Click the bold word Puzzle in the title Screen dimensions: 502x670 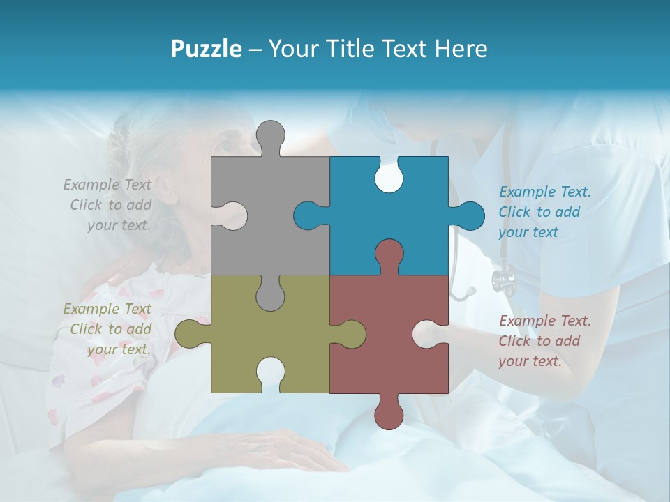[x=206, y=49]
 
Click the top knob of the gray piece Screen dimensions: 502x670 [x=270, y=137]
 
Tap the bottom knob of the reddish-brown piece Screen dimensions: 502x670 [x=389, y=413]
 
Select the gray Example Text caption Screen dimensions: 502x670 [x=109, y=205]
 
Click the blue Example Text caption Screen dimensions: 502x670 [x=544, y=212]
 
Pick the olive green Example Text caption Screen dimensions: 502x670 [x=109, y=329]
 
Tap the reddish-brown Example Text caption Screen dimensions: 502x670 [x=544, y=341]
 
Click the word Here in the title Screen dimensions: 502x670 [x=461, y=49]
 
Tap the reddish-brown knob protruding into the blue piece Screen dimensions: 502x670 [x=389, y=254]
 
